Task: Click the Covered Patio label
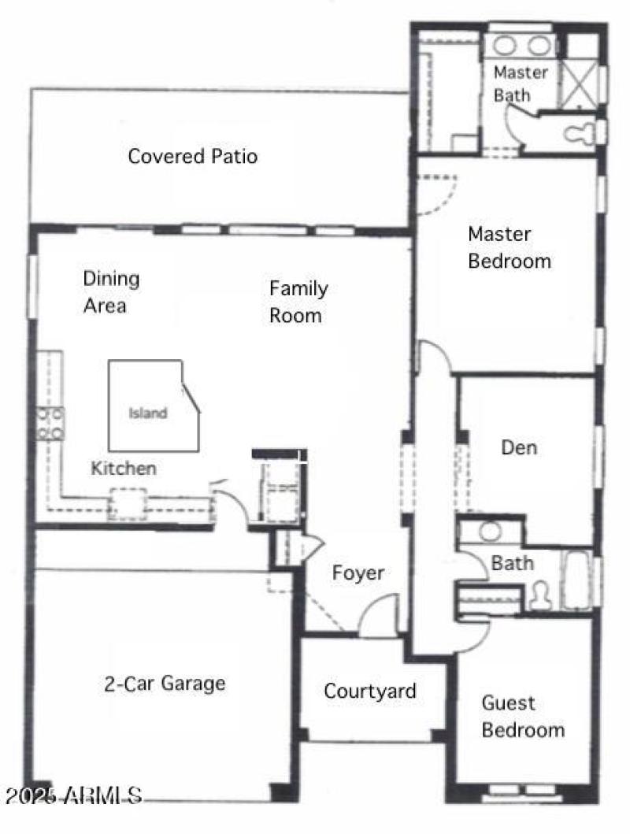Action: click(x=192, y=156)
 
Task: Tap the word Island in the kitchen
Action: click(x=148, y=413)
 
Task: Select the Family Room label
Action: click(x=297, y=302)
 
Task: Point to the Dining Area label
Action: click(x=111, y=291)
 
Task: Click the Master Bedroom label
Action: click(x=509, y=247)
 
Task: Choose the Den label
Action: click(x=520, y=448)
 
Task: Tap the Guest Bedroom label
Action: click(x=522, y=716)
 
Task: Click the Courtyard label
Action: click(x=370, y=691)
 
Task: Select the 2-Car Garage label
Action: click(x=165, y=684)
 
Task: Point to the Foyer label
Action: click(x=358, y=573)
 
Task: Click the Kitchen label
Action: click(x=124, y=469)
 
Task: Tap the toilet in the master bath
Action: click(x=580, y=133)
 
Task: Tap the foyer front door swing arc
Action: click(x=380, y=615)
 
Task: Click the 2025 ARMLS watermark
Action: click(x=72, y=795)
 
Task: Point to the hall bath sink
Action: click(x=490, y=531)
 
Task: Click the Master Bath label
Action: click(x=520, y=83)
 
